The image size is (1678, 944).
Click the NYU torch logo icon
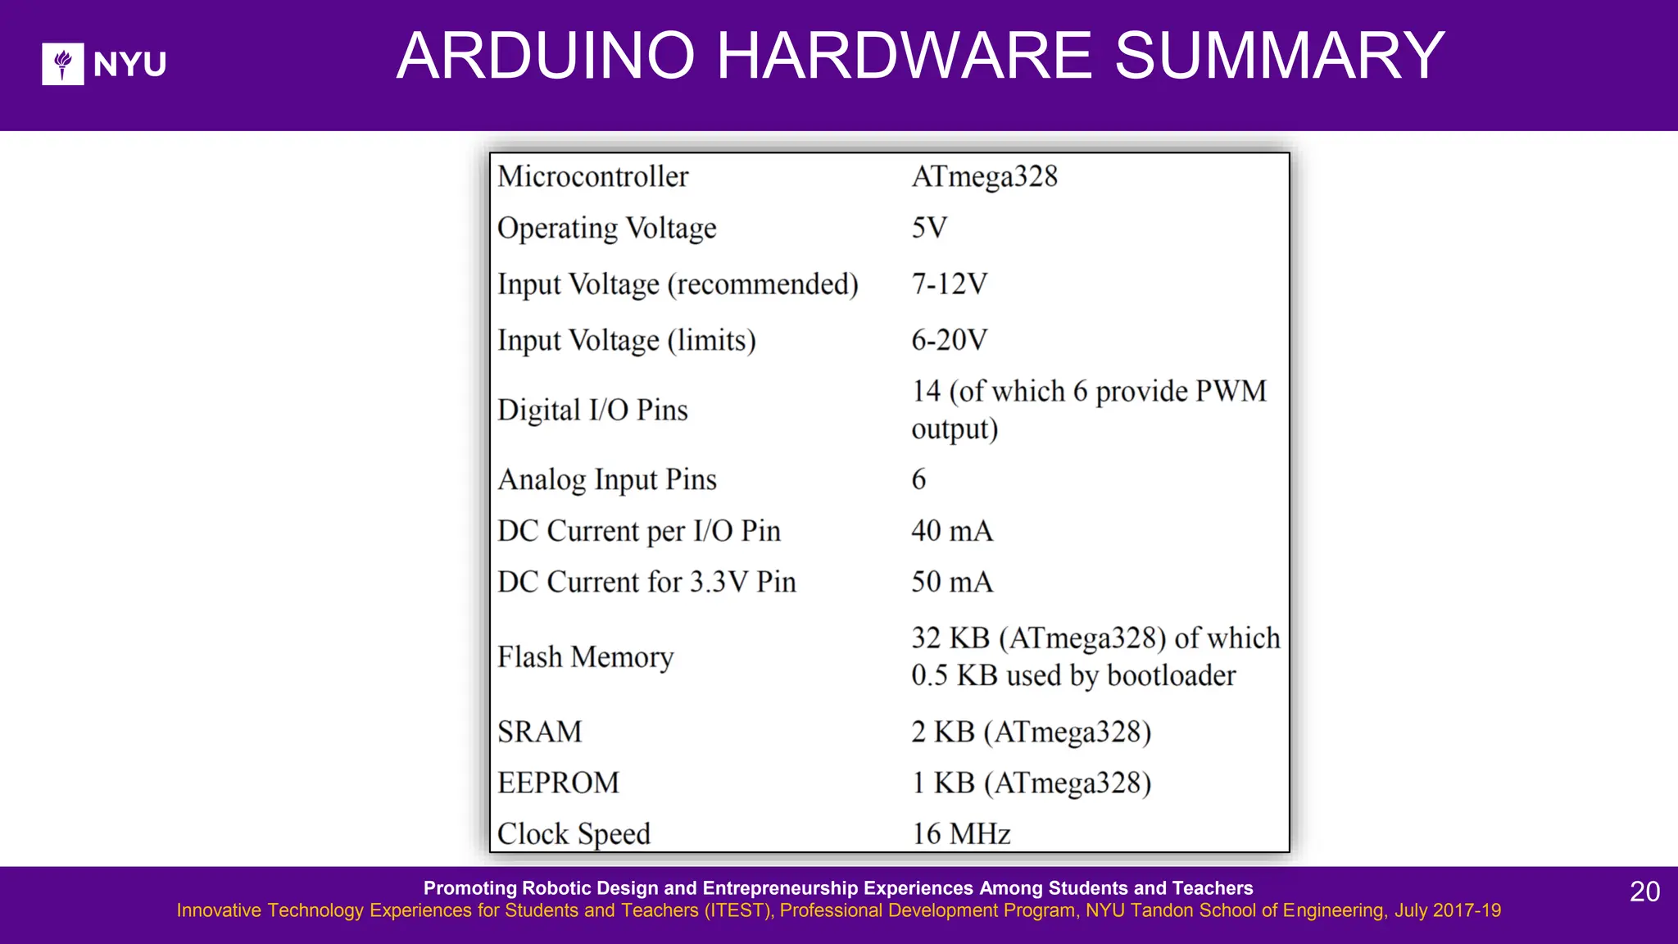(x=62, y=64)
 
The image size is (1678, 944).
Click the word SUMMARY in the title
(x=1279, y=56)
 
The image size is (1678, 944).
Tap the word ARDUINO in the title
(x=546, y=56)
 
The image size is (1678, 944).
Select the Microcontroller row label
(x=592, y=177)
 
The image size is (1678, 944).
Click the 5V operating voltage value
(x=929, y=228)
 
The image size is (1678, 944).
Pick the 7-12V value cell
(x=949, y=284)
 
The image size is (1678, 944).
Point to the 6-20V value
(x=949, y=340)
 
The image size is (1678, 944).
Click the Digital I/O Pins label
(x=592, y=410)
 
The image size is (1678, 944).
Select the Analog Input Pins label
(x=606, y=479)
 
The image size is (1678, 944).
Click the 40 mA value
(x=951, y=531)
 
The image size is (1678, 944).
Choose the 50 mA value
(x=951, y=582)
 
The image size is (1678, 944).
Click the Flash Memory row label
(x=585, y=657)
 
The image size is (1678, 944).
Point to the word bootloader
(x=1171, y=676)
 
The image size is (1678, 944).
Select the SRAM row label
(x=539, y=732)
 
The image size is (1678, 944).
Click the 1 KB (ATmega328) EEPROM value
(x=1031, y=783)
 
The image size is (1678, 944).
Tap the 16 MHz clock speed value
(x=960, y=834)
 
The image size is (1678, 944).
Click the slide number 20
(x=1644, y=892)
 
